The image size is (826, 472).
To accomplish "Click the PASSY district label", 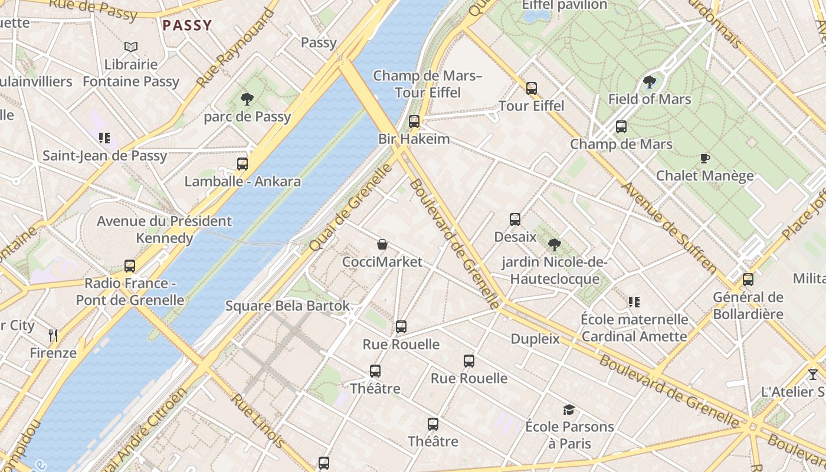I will point(186,25).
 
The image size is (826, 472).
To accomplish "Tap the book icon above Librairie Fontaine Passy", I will point(131,47).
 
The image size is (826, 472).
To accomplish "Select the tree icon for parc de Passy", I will point(247,99).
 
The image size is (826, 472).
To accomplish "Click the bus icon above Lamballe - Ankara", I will point(242,163).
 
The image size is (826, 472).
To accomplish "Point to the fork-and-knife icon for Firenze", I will point(53,336).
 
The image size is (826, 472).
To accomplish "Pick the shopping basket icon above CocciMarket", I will point(382,244).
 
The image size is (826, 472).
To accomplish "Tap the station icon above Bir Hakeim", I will point(414,122).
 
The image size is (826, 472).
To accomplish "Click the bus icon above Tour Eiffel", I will point(532,88).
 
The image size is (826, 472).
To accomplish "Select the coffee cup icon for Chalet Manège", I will point(704,158).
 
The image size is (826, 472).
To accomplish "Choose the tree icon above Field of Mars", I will point(650,81).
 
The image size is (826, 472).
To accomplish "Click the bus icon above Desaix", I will point(515,219).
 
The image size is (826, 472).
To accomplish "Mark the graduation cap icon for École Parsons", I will point(569,409).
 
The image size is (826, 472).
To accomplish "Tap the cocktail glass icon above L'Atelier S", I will point(813,374).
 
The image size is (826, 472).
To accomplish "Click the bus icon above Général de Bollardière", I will point(748,279).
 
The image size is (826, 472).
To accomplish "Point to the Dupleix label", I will point(535,339).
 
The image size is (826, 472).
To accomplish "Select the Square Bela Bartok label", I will point(287,306).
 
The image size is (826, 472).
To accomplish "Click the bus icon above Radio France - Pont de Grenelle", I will point(130,265).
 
